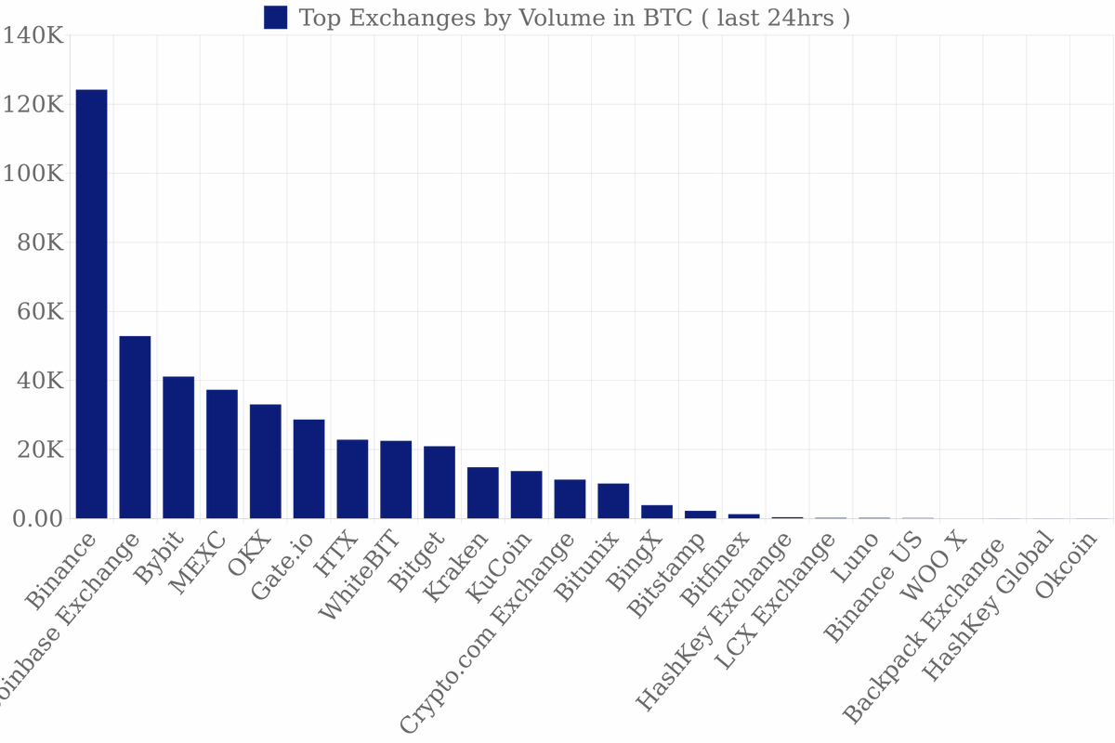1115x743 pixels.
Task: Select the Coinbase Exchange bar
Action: pyautogui.click(x=135, y=427)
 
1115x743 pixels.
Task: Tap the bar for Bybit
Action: pyautogui.click(x=178, y=448)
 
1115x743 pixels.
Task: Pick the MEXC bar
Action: pyautogui.click(x=222, y=454)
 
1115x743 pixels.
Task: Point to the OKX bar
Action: pyautogui.click(x=266, y=462)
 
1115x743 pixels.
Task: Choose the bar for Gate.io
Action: pyautogui.click(x=308, y=469)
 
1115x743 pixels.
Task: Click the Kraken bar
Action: pyautogui.click(x=483, y=493)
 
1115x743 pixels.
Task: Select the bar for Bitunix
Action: pyautogui.click(x=613, y=502)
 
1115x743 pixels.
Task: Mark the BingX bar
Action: pyautogui.click(x=657, y=512)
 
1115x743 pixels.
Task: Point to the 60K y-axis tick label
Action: pyautogui.click(x=39, y=312)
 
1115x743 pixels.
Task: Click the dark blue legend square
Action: pyautogui.click(x=276, y=17)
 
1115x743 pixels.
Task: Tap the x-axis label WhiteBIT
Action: pyautogui.click(x=360, y=575)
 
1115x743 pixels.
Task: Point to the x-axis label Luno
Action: pyautogui.click(x=857, y=557)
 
